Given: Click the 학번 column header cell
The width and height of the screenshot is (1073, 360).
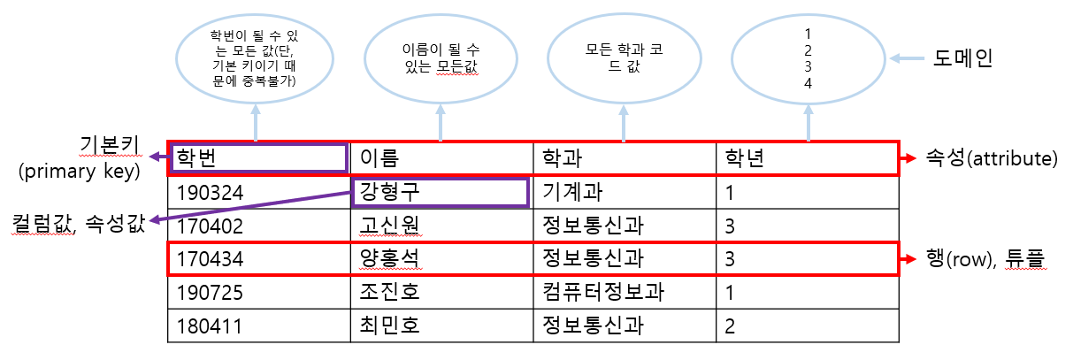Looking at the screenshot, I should point(257,158).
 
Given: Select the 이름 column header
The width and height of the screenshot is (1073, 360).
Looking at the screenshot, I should point(441,158).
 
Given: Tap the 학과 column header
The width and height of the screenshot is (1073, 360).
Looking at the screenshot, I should point(624,158).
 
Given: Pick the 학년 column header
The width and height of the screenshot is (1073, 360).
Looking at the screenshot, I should point(807,158).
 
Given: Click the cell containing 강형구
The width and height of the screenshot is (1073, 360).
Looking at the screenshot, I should point(440,192).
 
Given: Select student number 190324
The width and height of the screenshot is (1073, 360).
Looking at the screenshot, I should point(258,192).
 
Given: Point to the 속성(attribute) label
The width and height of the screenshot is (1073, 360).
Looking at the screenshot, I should point(990,159).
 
